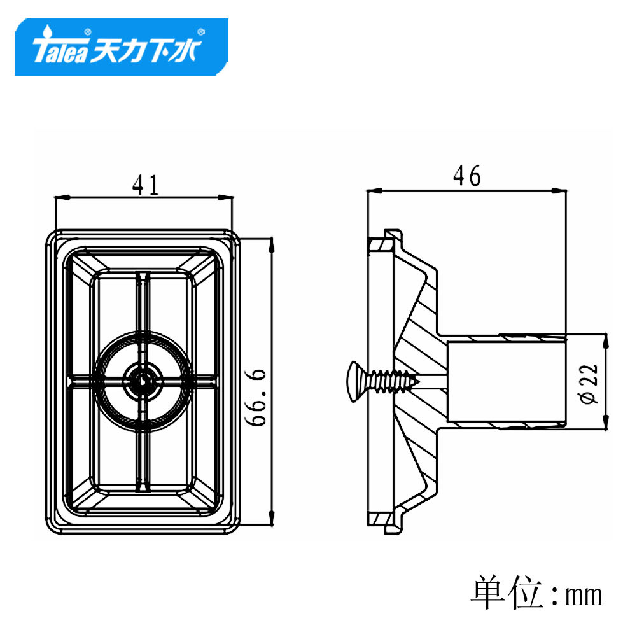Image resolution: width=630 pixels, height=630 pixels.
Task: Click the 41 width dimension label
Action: (144, 185)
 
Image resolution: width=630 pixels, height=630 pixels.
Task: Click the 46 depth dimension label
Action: (466, 176)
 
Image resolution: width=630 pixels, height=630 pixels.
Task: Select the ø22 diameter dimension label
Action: (589, 383)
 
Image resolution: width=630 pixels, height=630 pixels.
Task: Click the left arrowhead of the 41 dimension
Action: (60, 198)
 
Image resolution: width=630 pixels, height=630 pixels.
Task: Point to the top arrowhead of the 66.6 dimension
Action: (272, 243)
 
